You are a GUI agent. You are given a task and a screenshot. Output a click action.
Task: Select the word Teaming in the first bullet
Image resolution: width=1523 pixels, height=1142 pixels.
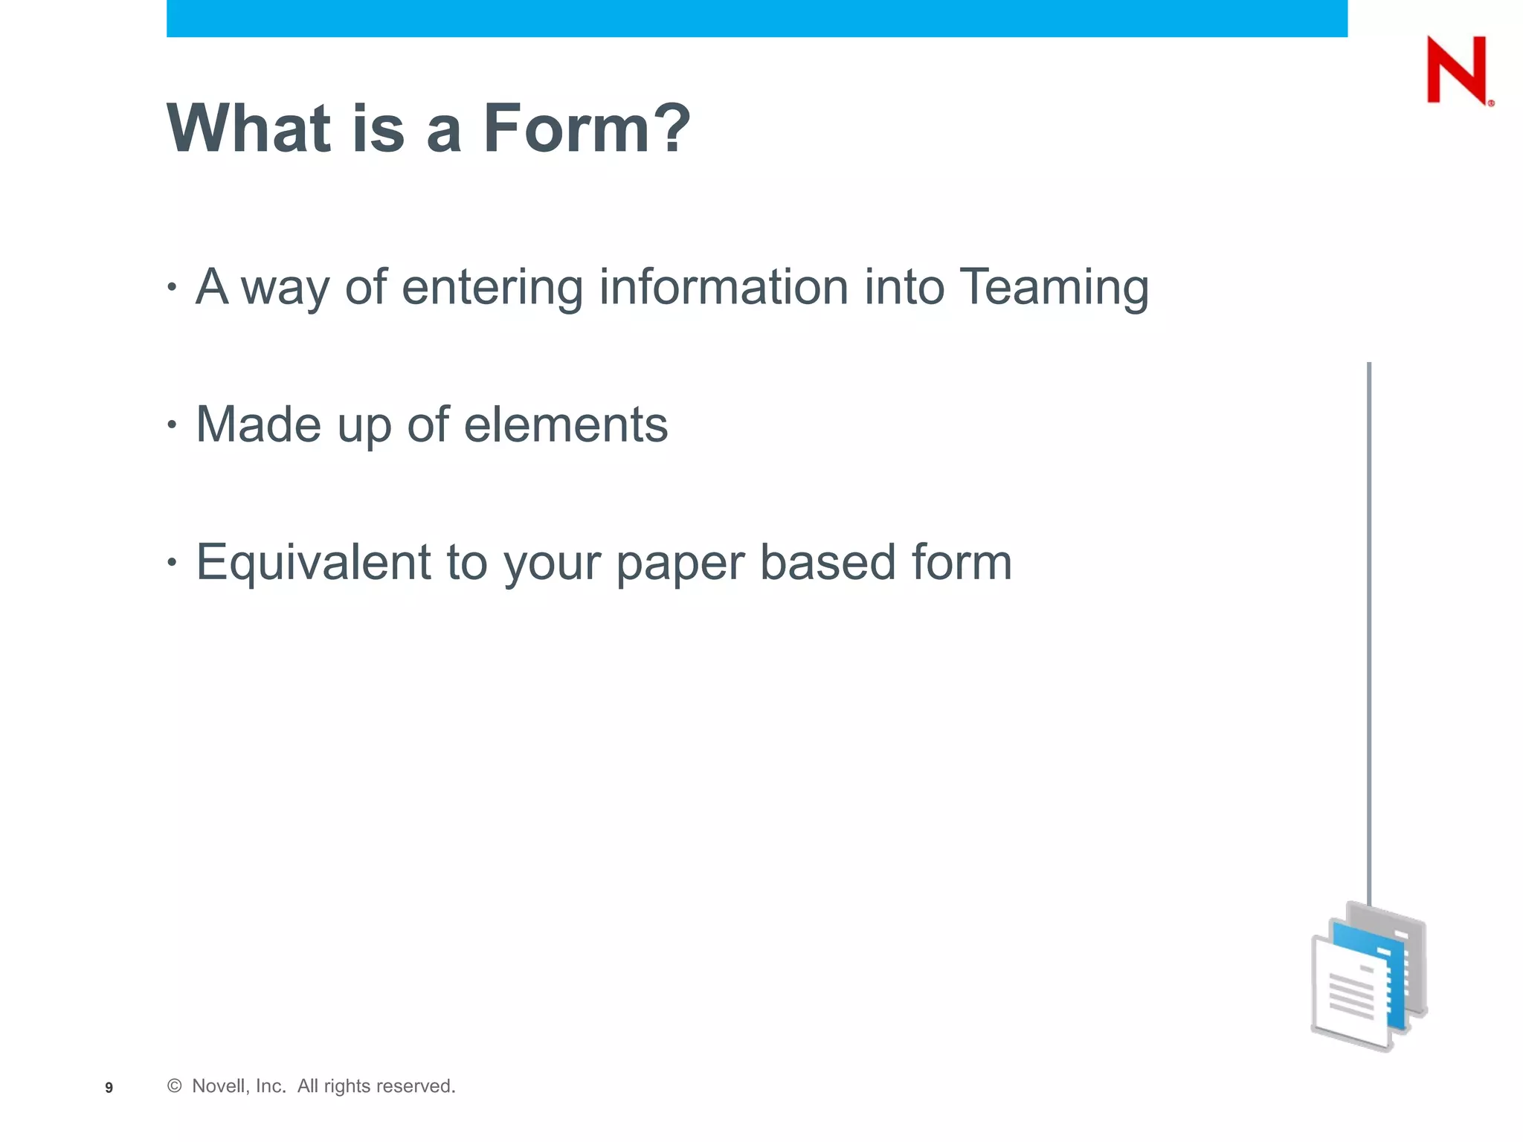1054,288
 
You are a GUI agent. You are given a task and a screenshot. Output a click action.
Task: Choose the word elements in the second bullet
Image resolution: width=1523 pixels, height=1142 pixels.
565,425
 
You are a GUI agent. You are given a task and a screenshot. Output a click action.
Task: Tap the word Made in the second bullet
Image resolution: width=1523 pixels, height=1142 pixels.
258,425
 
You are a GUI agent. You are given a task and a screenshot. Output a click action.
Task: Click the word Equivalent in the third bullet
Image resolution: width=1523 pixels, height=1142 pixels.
313,562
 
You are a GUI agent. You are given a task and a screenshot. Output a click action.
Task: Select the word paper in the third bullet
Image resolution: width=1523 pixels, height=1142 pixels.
680,564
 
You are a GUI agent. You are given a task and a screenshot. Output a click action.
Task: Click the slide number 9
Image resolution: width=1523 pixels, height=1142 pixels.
109,1088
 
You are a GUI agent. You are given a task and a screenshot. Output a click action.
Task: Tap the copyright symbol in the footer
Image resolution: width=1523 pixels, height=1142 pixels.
175,1086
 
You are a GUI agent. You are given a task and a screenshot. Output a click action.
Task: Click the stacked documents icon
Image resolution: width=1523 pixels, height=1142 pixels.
1368,976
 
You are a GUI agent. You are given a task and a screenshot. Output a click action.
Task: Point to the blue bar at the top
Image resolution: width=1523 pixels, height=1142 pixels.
757,18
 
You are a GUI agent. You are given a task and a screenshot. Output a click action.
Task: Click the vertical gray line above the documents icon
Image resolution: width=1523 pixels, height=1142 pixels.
1369,632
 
